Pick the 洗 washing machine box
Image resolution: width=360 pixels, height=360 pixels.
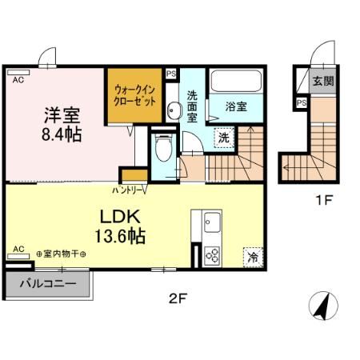tap(225, 136)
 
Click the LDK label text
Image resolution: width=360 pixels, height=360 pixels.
tap(121, 216)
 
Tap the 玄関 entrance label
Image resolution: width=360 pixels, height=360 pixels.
tap(322, 80)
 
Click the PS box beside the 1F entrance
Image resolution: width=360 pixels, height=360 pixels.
tap(302, 102)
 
